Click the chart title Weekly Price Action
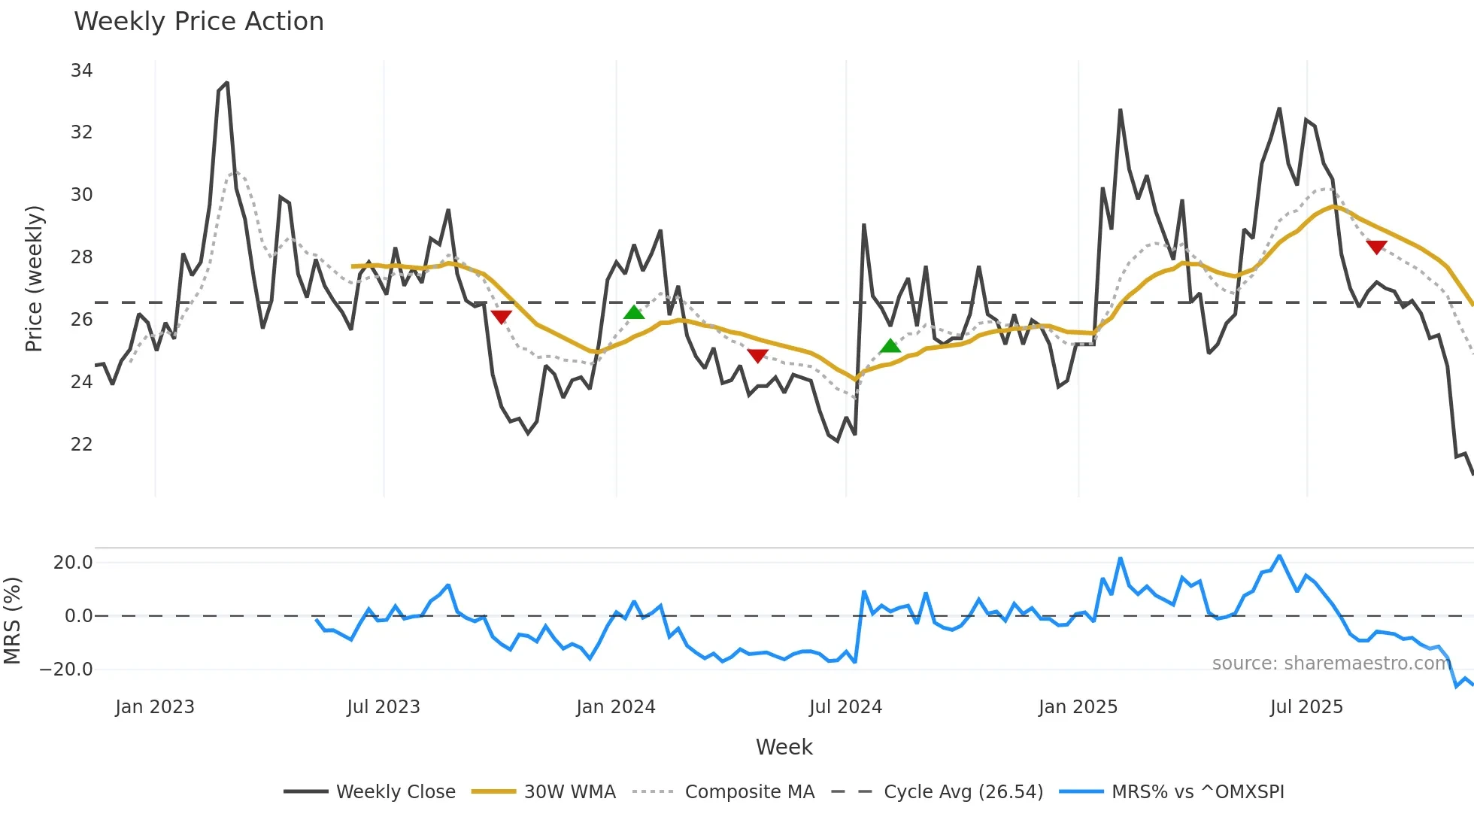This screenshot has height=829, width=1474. click(x=199, y=22)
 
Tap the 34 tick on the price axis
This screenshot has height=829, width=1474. click(x=81, y=71)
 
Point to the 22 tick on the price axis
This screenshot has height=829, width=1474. click(x=81, y=445)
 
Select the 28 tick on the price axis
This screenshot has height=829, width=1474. click(x=81, y=257)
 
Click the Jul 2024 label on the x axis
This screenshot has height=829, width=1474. click(x=845, y=707)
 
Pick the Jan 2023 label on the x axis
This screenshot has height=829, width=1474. click(x=155, y=707)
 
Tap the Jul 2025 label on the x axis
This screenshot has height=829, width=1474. click(x=1306, y=707)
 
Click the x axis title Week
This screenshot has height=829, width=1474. click(x=784, y=747)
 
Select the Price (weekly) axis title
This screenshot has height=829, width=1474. click(x=34, y=278)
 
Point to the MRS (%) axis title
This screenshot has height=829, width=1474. click(x=13, y=621)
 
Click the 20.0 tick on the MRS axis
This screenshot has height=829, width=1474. click(x=73, y=563)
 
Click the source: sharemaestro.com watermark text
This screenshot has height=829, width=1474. click(x=1331, y=664)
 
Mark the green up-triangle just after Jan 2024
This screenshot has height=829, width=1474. click(x=634, y=312)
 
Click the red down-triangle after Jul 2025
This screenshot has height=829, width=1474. click(x=1376, y=247)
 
